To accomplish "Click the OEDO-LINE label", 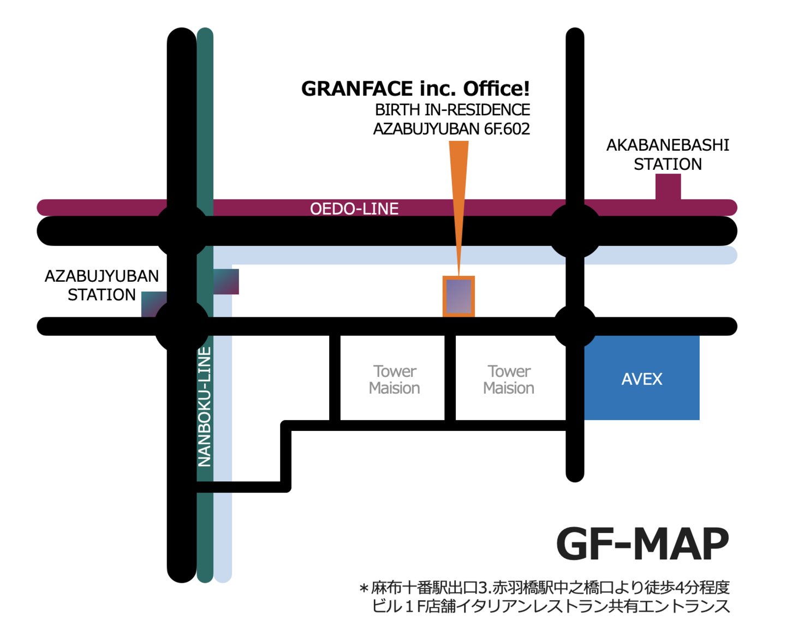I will tap(354, 209).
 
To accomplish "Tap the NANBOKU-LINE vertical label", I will tap(205, 407).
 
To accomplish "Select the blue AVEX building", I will tap(642, 378).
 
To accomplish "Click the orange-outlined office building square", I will tap(458, 297).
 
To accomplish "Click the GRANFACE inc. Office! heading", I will tap(415, 88).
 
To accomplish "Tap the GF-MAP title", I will tap(642, 544).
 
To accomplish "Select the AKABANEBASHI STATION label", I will tap(668, 155).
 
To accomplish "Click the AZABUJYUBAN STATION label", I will tap(102, 285).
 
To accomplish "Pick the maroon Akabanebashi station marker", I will tap(668, 187).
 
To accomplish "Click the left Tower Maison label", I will tap(395, 380).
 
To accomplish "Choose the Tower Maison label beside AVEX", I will tap(509, 380).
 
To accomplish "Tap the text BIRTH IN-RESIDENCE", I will tap(452, 110).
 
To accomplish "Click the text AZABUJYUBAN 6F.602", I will tap(451, 129).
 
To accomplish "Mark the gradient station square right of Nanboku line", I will tap(226, 281).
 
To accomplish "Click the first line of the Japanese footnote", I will tap(544, 588).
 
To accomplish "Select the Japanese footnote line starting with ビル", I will tap(550, 606).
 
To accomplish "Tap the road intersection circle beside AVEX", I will tap(575, 327).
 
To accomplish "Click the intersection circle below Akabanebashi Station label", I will tap(575, 231).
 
